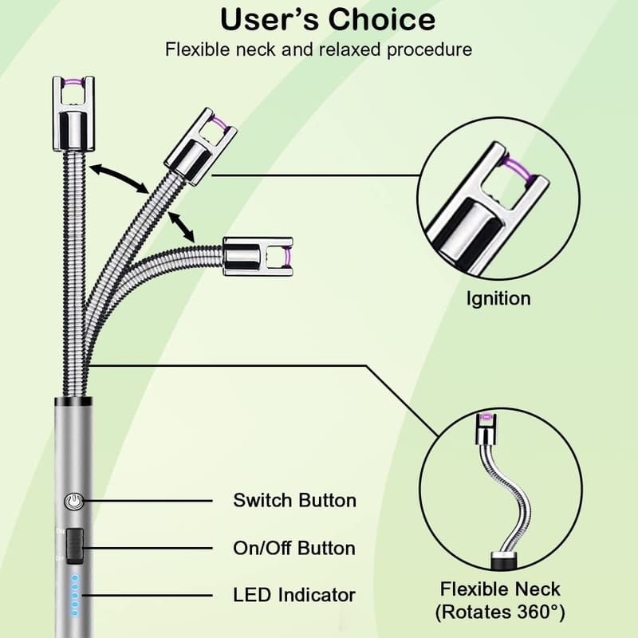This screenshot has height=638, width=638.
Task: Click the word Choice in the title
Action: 382,19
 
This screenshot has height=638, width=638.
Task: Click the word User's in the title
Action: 270,19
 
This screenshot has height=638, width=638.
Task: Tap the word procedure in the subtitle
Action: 429,50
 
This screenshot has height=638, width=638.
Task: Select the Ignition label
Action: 498,299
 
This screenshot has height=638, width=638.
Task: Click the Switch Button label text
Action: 294,501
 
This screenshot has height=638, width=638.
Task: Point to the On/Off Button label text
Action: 294,549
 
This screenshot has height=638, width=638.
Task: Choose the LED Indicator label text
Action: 294,595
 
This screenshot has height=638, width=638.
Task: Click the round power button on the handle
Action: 74,502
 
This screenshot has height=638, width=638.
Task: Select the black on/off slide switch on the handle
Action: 74,546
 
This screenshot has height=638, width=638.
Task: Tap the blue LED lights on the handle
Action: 75,595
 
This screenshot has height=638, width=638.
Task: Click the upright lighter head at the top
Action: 73,113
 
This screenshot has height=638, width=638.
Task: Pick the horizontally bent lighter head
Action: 258,257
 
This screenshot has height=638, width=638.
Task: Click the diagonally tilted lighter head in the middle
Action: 200,147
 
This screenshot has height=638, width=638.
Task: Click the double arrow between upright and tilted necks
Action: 119,178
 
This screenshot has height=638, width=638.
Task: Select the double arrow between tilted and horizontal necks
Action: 181,226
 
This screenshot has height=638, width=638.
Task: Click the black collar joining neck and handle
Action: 73,402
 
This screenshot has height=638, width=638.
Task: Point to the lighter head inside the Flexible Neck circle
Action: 487,428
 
